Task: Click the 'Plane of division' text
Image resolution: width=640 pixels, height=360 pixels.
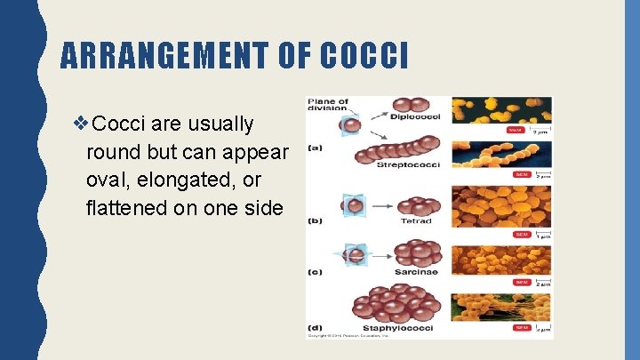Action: [329, 106]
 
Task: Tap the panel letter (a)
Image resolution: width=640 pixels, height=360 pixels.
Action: [316, 148]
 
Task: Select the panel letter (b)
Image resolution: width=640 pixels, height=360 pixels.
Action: [316, 220]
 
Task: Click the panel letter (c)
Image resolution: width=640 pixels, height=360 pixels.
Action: [316, 273]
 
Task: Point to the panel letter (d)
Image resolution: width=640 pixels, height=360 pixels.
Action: [316, 327]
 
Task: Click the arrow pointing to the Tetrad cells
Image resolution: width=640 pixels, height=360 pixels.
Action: [383, 207]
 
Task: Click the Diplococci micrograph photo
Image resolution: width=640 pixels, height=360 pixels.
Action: [501, 110]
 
